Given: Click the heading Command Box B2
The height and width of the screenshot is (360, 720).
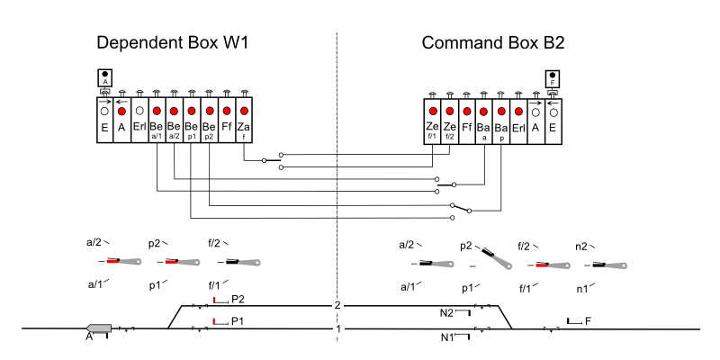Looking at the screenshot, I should coord(492,43).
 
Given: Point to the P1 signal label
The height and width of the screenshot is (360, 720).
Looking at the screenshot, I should coord(238,320).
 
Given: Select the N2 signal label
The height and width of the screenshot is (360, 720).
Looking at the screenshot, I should coord(446,312).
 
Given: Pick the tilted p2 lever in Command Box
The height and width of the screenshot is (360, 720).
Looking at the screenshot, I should coord(494,258).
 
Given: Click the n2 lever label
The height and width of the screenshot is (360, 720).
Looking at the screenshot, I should coord(580,245).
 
